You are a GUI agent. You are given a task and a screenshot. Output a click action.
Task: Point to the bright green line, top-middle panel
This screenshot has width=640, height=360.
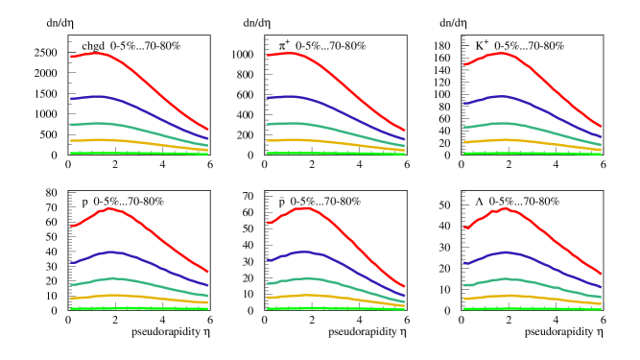click(336, 153)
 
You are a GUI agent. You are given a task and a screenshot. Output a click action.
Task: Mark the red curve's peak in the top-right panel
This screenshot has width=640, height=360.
click(500, 53)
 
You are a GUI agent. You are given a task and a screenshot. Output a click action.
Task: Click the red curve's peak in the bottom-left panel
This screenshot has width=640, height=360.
click(111, 207)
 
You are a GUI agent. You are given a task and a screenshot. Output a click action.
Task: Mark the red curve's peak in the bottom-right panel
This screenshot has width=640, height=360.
click(504, 207)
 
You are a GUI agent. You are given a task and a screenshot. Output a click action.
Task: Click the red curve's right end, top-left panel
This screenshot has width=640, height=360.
click(207, 129)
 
